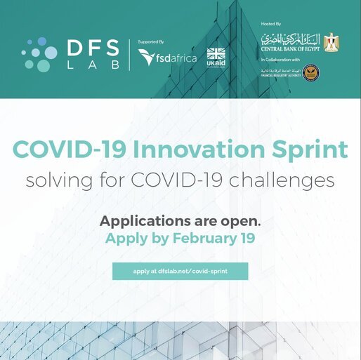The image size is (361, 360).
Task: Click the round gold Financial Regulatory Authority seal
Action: click(x=329, y=73)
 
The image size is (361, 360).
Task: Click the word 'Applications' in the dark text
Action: click(x=142, y=220)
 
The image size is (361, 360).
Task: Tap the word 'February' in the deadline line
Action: click(x=200, y=238)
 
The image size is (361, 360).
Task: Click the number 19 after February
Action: click(x=247, y=238)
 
